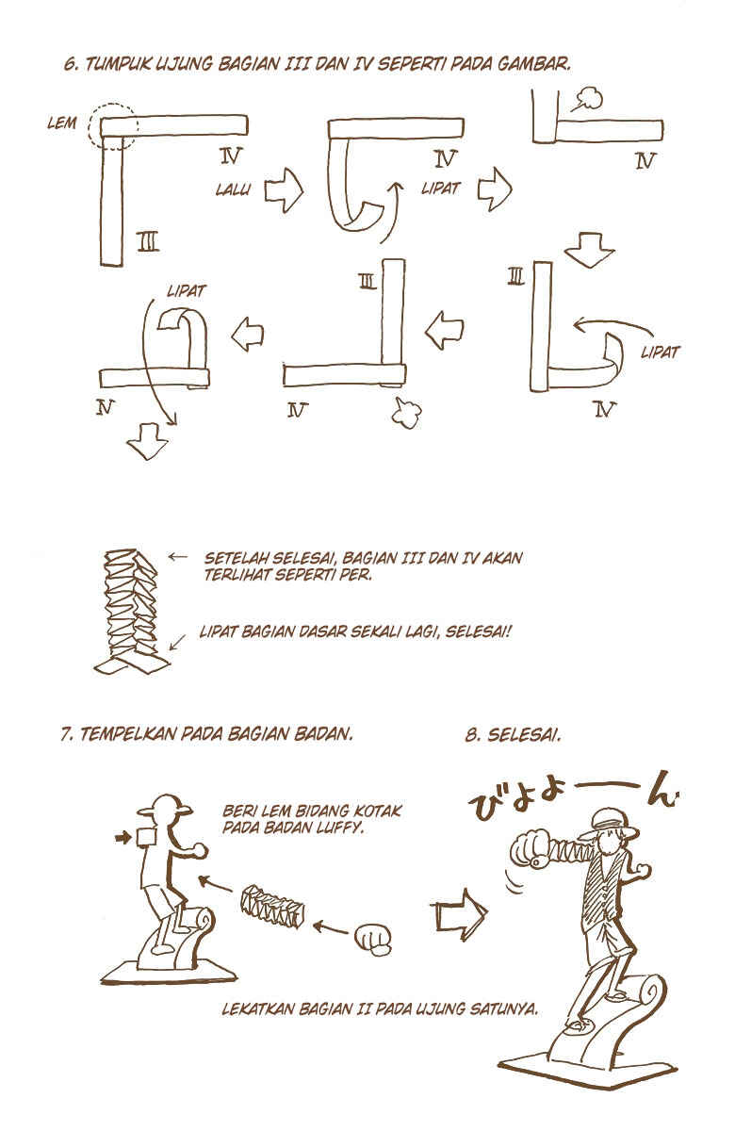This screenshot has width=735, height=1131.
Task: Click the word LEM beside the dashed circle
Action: pyautogui.click(x=62, y=123)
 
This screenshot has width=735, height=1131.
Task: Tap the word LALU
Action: pyautogui.click(x=233, y=189)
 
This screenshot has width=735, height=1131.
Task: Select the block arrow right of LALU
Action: pyautogui.click(x=284, y=190)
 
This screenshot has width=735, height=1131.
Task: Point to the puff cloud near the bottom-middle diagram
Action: pyautogui.click(x=406, y=412)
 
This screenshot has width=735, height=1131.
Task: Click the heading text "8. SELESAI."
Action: pyautogui.click(x=513, y=734)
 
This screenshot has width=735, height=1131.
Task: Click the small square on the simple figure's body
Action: pyautogui.click(x=145, y=837)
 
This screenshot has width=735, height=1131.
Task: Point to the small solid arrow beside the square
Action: pyautogui.click(x=122, y=838)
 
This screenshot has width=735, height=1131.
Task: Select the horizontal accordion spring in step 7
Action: pyautogui.click(x=272, y=907)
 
